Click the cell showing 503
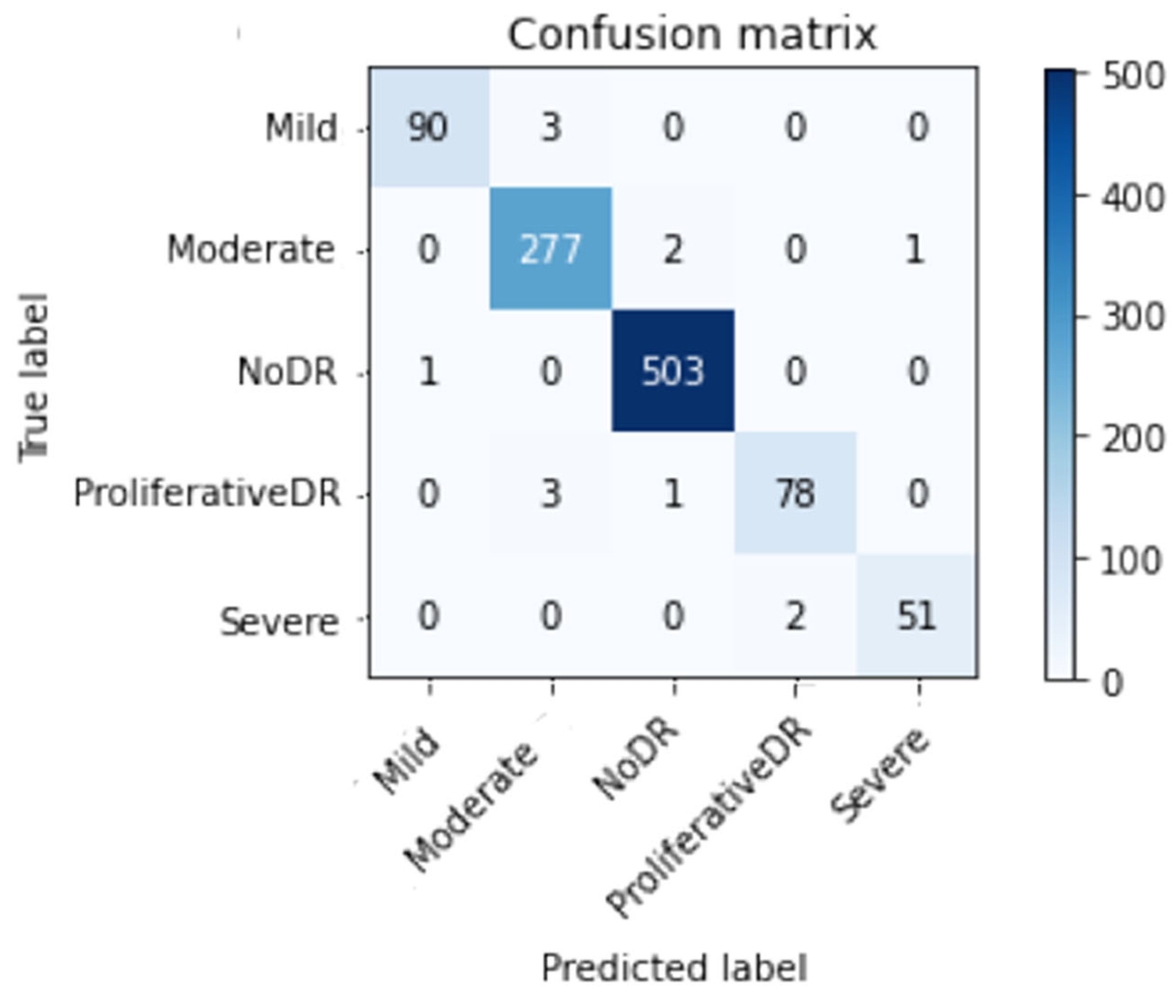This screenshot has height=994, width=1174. [x=673, y=372]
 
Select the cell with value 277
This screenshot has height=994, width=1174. [x=550, y=249]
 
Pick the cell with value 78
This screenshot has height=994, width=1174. [x=795, y=494]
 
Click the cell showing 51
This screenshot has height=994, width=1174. [x=917, y=615]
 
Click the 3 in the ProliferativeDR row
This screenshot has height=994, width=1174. [x=551, y=494]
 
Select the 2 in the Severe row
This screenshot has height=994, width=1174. [x=795, y=615]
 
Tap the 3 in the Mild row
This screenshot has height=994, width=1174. [x=551, y=127]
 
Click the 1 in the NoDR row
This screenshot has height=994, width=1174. [x=428, y=372]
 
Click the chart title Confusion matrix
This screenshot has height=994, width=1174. [x=692, y=35]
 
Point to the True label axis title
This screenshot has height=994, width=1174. [x=33, y=378]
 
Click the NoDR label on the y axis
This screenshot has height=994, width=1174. [x=286, y=372]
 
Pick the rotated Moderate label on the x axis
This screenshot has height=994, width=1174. [x=471, y=808]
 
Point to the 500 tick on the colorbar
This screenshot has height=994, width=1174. [x=1132, y=76]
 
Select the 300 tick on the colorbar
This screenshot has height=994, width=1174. [x=1132, y=318]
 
